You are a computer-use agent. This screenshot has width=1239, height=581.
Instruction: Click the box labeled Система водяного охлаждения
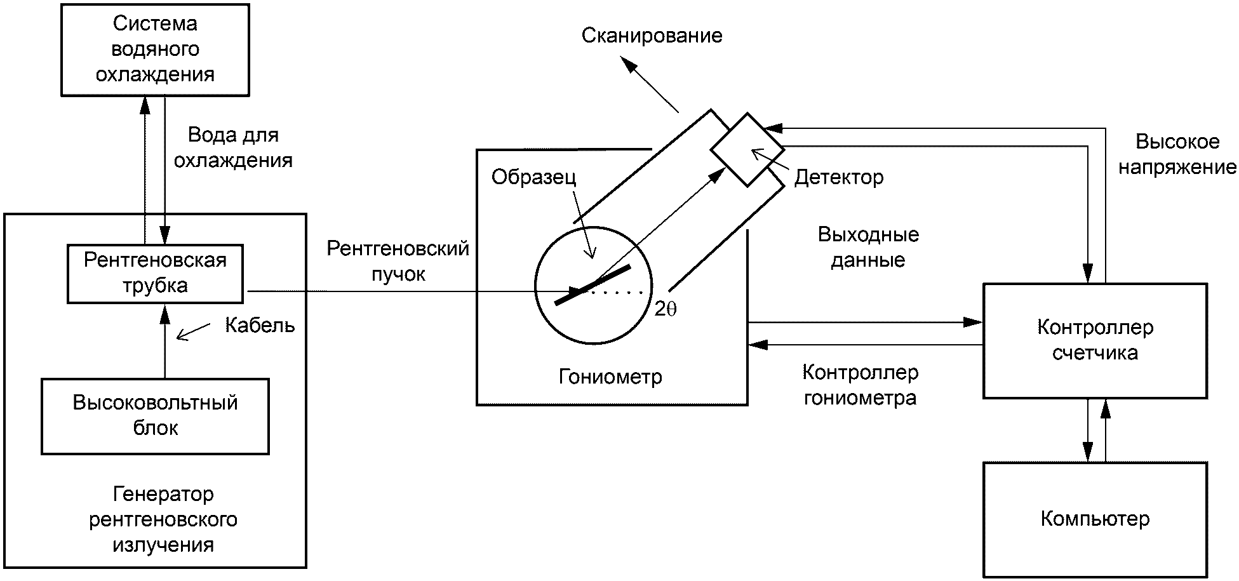(x=155, y=50)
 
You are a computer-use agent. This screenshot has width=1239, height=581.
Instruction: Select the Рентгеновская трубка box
(x=155, y=273)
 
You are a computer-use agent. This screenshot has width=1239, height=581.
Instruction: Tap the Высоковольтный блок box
(x=155, y=416)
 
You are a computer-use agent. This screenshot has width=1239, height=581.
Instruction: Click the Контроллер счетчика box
(x=1094, y=340)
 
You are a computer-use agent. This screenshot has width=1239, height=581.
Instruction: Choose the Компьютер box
(x=1094, y=519)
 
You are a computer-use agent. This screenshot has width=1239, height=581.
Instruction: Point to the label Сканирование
(x=652, y=36)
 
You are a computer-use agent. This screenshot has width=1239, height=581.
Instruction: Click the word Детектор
(x=838, y=177)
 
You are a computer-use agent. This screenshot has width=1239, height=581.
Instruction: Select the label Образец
(x=533, y=177)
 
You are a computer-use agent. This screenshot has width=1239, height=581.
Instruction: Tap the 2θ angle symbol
(x=666, y=309)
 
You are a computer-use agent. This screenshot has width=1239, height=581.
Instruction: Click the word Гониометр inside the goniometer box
(x=610, y=377)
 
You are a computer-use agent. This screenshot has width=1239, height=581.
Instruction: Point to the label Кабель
(x=260, y=326)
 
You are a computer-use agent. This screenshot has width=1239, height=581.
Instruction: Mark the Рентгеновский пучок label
(x=398, y=261)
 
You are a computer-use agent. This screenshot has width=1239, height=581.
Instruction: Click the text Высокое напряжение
(x=1177, y=154)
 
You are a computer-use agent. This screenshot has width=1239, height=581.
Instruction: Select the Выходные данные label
(x=868, y=248)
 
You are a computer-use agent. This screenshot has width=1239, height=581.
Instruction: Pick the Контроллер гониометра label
(x=860, y=385)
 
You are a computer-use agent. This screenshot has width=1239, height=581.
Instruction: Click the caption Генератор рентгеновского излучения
(x=163, y=519)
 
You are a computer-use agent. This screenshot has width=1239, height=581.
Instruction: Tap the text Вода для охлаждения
(x=233, y=147)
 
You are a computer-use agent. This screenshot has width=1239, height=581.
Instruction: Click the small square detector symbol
(x=747, y=150)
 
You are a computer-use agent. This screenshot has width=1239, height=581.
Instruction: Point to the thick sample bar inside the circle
(x=593, y=284)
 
